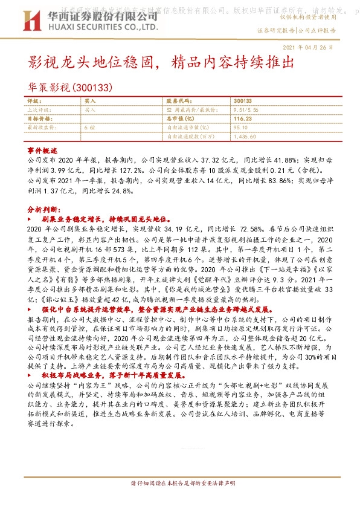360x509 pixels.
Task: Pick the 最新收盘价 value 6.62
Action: click(x=91, y=128)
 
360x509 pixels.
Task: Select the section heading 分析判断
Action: click(x=42, y=207)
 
